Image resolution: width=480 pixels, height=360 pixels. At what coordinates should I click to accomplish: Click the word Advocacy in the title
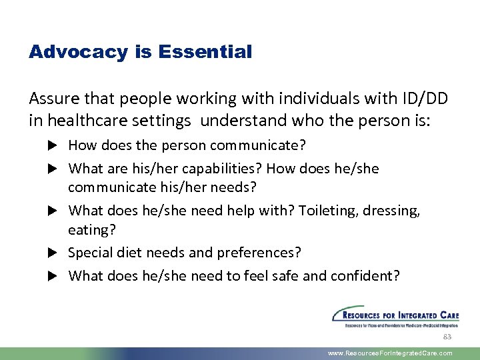click(78, 52)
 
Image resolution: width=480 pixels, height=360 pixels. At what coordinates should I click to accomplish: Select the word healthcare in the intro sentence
click(81, 121)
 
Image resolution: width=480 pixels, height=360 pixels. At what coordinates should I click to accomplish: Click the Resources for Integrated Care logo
click(395, 317)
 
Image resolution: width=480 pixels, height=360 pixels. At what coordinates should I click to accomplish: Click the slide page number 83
click(447, 337)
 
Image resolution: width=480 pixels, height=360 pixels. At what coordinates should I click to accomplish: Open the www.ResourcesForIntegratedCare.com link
click(390, 353)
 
